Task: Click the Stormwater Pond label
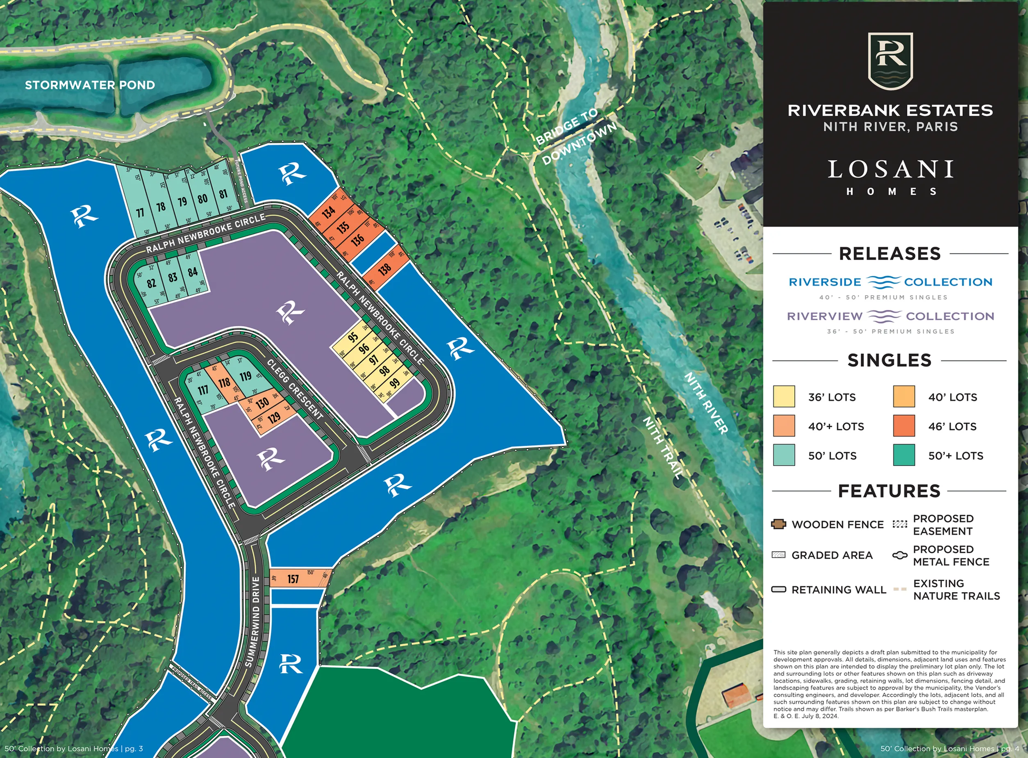(x=90, y=85)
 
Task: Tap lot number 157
(x=293, y=579)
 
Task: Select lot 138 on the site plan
(x=384, y=269)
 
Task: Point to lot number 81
(x=223, y=194)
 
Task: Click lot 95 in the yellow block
(x=353, y=337)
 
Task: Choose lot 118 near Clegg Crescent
(x=224, y=382)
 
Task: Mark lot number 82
(x=151, y=283)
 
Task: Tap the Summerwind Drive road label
(x=255, y=622)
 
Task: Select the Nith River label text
(x=706, y=403)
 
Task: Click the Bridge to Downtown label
(x=576, y=136)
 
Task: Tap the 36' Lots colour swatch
(x=783, y=396)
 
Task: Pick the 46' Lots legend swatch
(x=904, y=426)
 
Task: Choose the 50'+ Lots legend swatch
(x=904, y=455)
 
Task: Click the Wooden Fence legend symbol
(x=778, y=524)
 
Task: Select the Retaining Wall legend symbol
(x=778, y=590)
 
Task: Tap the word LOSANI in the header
(x=890, y=169)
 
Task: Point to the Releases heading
(x=889, y=253)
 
